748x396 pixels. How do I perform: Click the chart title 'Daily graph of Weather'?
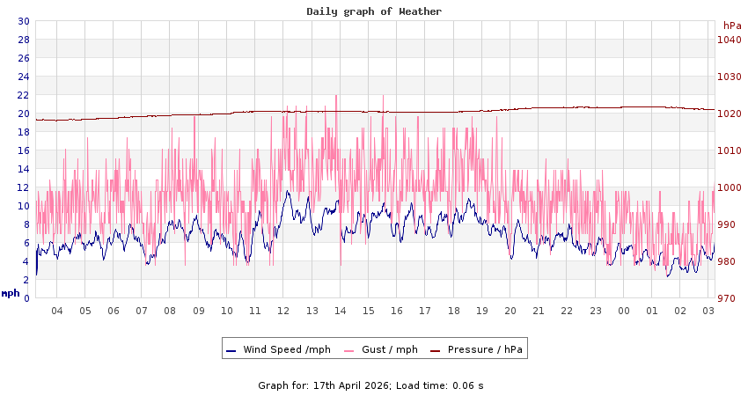374,11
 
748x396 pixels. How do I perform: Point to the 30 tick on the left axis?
23,21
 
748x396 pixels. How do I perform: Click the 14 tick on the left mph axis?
23,169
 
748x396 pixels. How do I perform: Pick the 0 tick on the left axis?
26,298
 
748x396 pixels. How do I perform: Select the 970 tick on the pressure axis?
728,298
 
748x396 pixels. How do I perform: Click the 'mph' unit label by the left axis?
11,293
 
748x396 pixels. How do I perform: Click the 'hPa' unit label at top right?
732,26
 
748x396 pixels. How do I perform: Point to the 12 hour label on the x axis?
283,311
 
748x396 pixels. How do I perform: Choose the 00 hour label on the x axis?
624,311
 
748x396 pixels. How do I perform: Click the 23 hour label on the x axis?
596,311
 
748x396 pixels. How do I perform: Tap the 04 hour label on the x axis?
57,311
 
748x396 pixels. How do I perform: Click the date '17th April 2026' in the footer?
350,385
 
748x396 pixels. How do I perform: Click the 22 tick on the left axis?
23,95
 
